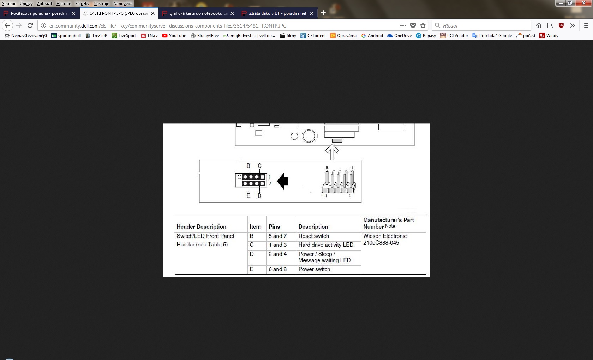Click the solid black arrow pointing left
click(x=283, y=181)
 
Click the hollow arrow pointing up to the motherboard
click(x=332, y=152)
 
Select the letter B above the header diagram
click(x=248, y=166)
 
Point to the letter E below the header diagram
click(x=248, y=196)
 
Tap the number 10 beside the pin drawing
click(x=325, y=196)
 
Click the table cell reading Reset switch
click(x=314, y=236)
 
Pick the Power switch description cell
click(x=314, y=269)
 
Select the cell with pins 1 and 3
click(x=278, y=245)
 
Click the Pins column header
click(x=274, y=227)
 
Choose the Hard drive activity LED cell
click(x=326, y=245)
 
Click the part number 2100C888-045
click(x=381, y=243)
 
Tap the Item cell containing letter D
click(x=251, y=254)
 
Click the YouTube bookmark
click(x=174, y=35)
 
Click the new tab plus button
click(x=323, y=13)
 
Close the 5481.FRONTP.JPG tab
click(x=153, y=13)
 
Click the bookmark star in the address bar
click(x=423, y=26)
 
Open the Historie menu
click(x=64, y=4)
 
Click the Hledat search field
click(x=481, y=26)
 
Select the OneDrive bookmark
click(x=400, y=35)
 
